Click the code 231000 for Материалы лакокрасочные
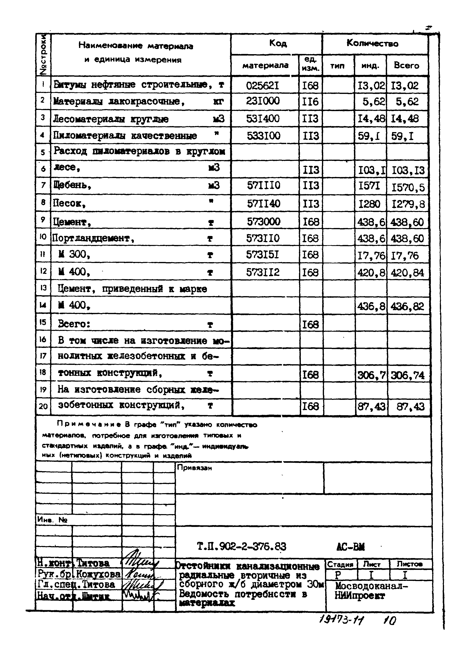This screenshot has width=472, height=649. point(263,101)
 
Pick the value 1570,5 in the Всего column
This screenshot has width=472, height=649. point(408,188)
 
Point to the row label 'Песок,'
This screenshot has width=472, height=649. point(70,203)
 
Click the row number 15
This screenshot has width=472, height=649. point(43,323)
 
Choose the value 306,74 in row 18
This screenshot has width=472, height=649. point(407,375)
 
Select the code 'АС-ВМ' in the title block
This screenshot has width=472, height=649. point(350,547)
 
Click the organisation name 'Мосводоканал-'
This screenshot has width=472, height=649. point(371,586)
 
